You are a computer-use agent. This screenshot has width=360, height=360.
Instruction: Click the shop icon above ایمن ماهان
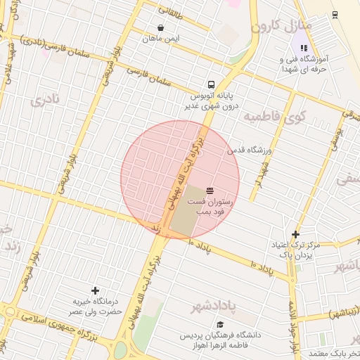pos(162,28)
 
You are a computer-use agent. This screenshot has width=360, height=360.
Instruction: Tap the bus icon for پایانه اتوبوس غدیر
pos(212,83)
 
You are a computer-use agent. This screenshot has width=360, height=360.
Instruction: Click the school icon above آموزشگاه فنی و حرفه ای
pos(304,49)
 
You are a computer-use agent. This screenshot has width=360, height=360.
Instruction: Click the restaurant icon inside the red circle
pos(210,190)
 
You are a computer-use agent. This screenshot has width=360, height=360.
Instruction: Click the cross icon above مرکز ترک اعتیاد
pos(295,234)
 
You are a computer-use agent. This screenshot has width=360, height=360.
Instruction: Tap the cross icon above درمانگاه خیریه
pos(96,290)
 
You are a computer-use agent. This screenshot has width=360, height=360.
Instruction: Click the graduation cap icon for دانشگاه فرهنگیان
pos(220,325)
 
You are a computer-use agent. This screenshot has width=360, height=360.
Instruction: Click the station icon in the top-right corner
pos(335,14)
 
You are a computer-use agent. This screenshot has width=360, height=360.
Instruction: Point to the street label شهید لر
pos(263,171)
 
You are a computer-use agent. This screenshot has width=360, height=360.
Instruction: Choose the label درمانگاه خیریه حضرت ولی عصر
pos(96,306)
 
